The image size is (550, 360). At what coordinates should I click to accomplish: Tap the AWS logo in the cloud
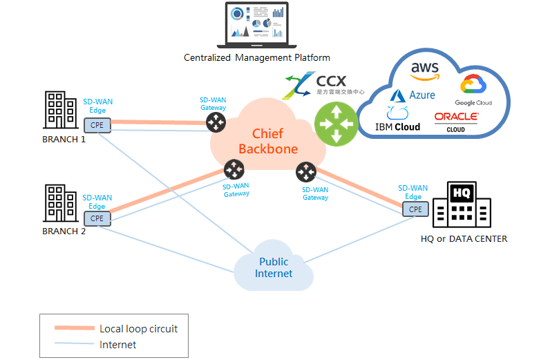click(425, 70)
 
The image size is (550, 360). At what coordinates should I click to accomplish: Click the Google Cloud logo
click(473, 90)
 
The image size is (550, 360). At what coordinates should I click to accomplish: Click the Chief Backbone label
click(268, 141)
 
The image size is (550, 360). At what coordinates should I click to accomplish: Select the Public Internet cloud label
click(274, 267)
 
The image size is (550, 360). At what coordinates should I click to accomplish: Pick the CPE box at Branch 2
click(97, 218)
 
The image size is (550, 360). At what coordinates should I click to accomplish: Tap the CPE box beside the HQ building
click(415, 209)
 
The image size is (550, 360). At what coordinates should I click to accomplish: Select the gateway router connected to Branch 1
click(216, 123)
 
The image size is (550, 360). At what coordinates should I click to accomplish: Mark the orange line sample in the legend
click(74, 328)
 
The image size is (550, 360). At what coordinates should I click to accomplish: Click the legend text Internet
click(118, 344)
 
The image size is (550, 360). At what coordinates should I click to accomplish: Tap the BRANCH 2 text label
click(64, 231)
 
